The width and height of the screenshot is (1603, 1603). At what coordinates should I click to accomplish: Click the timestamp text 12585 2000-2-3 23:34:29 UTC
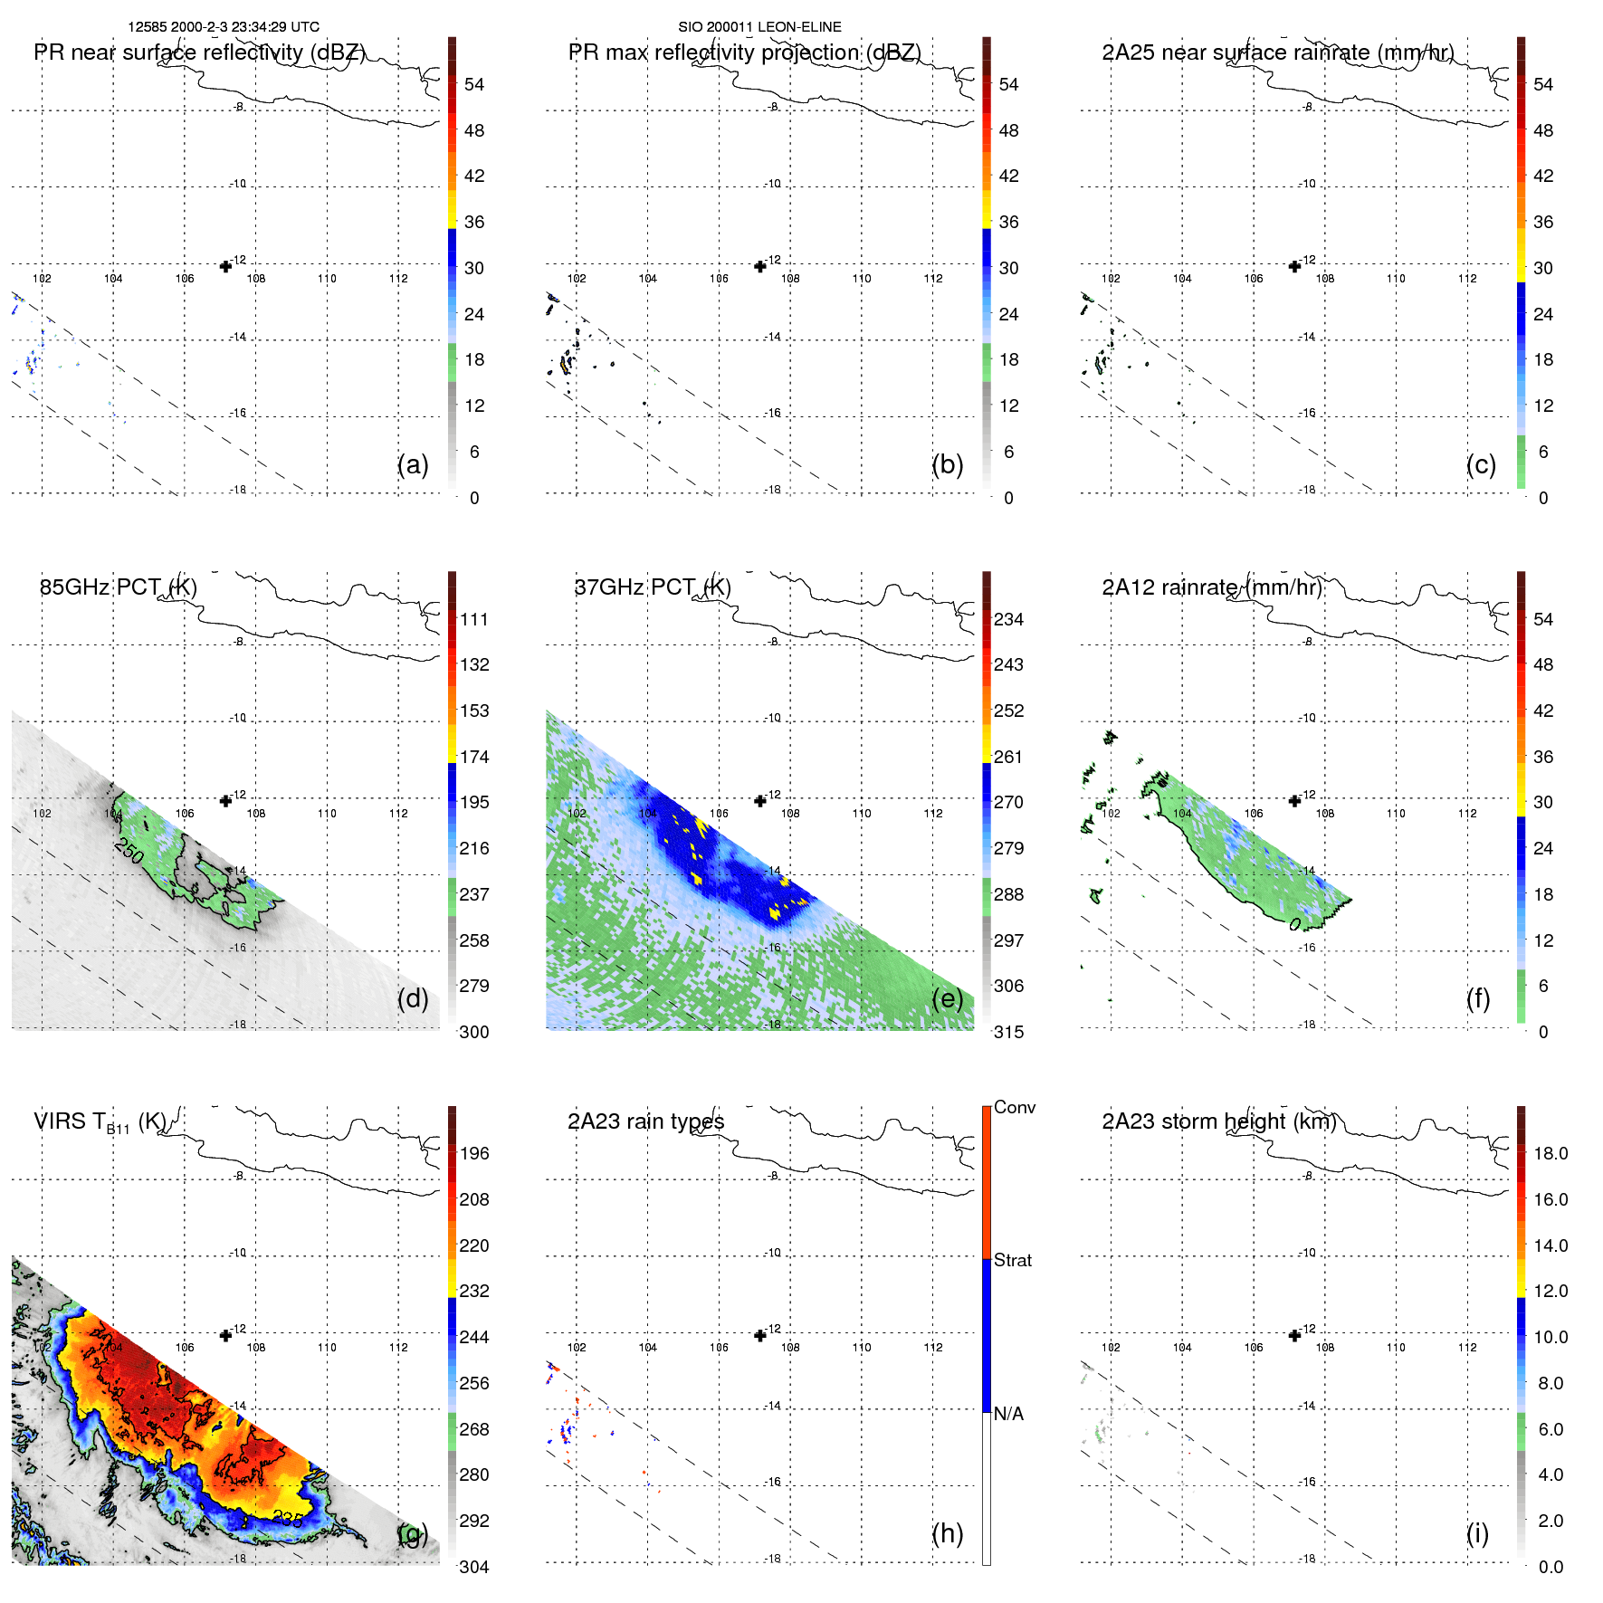pos(224,27)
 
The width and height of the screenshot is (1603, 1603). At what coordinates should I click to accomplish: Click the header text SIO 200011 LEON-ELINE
pos(759,27)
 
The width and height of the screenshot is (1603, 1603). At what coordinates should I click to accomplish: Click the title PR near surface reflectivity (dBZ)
pos(199,52)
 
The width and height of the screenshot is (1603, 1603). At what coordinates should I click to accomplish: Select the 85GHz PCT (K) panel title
pos(119,587)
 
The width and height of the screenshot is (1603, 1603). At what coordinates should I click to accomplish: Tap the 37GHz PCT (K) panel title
pos(653,587)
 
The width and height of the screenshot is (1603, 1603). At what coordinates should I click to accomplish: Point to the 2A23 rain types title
pos(645,1121)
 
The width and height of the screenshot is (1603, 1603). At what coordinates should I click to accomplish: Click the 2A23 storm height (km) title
pos(1218,1121)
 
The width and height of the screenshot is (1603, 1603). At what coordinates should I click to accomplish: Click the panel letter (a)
pos(413,464)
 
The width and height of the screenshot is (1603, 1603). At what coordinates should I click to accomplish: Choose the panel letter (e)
pos(947,998)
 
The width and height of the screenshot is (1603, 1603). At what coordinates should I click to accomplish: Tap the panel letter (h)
pos(947,1532)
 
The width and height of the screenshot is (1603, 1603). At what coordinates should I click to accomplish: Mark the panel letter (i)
pos(1477,1532)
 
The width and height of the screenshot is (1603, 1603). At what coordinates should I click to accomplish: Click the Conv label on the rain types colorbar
pos(1014,1107)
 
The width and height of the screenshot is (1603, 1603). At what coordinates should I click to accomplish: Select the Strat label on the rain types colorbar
pos(1012,1260)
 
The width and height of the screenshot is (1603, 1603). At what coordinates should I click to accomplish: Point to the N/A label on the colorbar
pos(1008,1414)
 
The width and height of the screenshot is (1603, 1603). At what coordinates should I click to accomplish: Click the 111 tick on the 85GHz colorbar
pos(474,619)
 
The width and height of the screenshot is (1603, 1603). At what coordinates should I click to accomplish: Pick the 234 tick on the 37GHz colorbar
pos(1008,619)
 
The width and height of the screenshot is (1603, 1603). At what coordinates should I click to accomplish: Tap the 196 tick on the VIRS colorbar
pos(474,1153)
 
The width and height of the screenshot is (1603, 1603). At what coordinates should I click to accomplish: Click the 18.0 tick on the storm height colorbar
pos(1550,1153)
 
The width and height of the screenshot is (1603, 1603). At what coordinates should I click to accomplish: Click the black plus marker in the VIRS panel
pos(225,1335)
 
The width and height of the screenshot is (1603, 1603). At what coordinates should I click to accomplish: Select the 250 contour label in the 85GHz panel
pos(129,852)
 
